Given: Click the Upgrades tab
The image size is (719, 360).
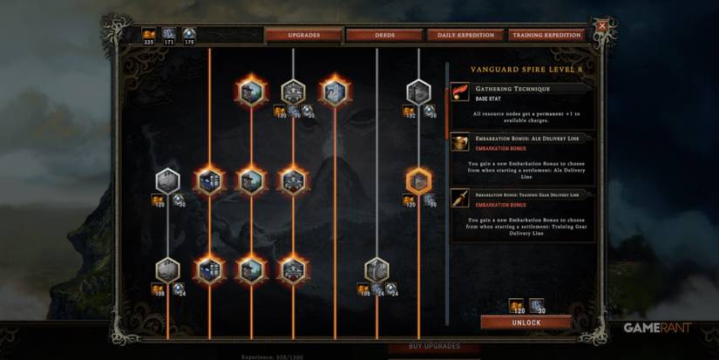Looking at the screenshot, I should (303, 36).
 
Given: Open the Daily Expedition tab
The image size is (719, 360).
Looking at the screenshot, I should (465, 36).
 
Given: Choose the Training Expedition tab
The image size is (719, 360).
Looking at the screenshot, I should (546, 36).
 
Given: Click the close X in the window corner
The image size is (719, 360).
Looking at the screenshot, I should (601, 26).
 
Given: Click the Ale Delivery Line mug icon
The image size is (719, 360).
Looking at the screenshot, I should (459, 142).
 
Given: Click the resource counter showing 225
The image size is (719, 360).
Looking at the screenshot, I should (148, 35).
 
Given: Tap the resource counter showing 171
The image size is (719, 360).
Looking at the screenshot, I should (168, 35).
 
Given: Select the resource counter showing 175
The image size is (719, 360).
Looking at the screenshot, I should (189, 35).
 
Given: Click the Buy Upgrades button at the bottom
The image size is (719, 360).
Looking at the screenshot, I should (435, 347).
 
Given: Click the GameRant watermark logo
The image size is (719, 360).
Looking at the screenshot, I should (657, 329).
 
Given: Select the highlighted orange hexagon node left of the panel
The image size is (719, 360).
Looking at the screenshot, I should (418, 180).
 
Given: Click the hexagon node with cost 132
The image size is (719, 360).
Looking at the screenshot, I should (418, 92).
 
